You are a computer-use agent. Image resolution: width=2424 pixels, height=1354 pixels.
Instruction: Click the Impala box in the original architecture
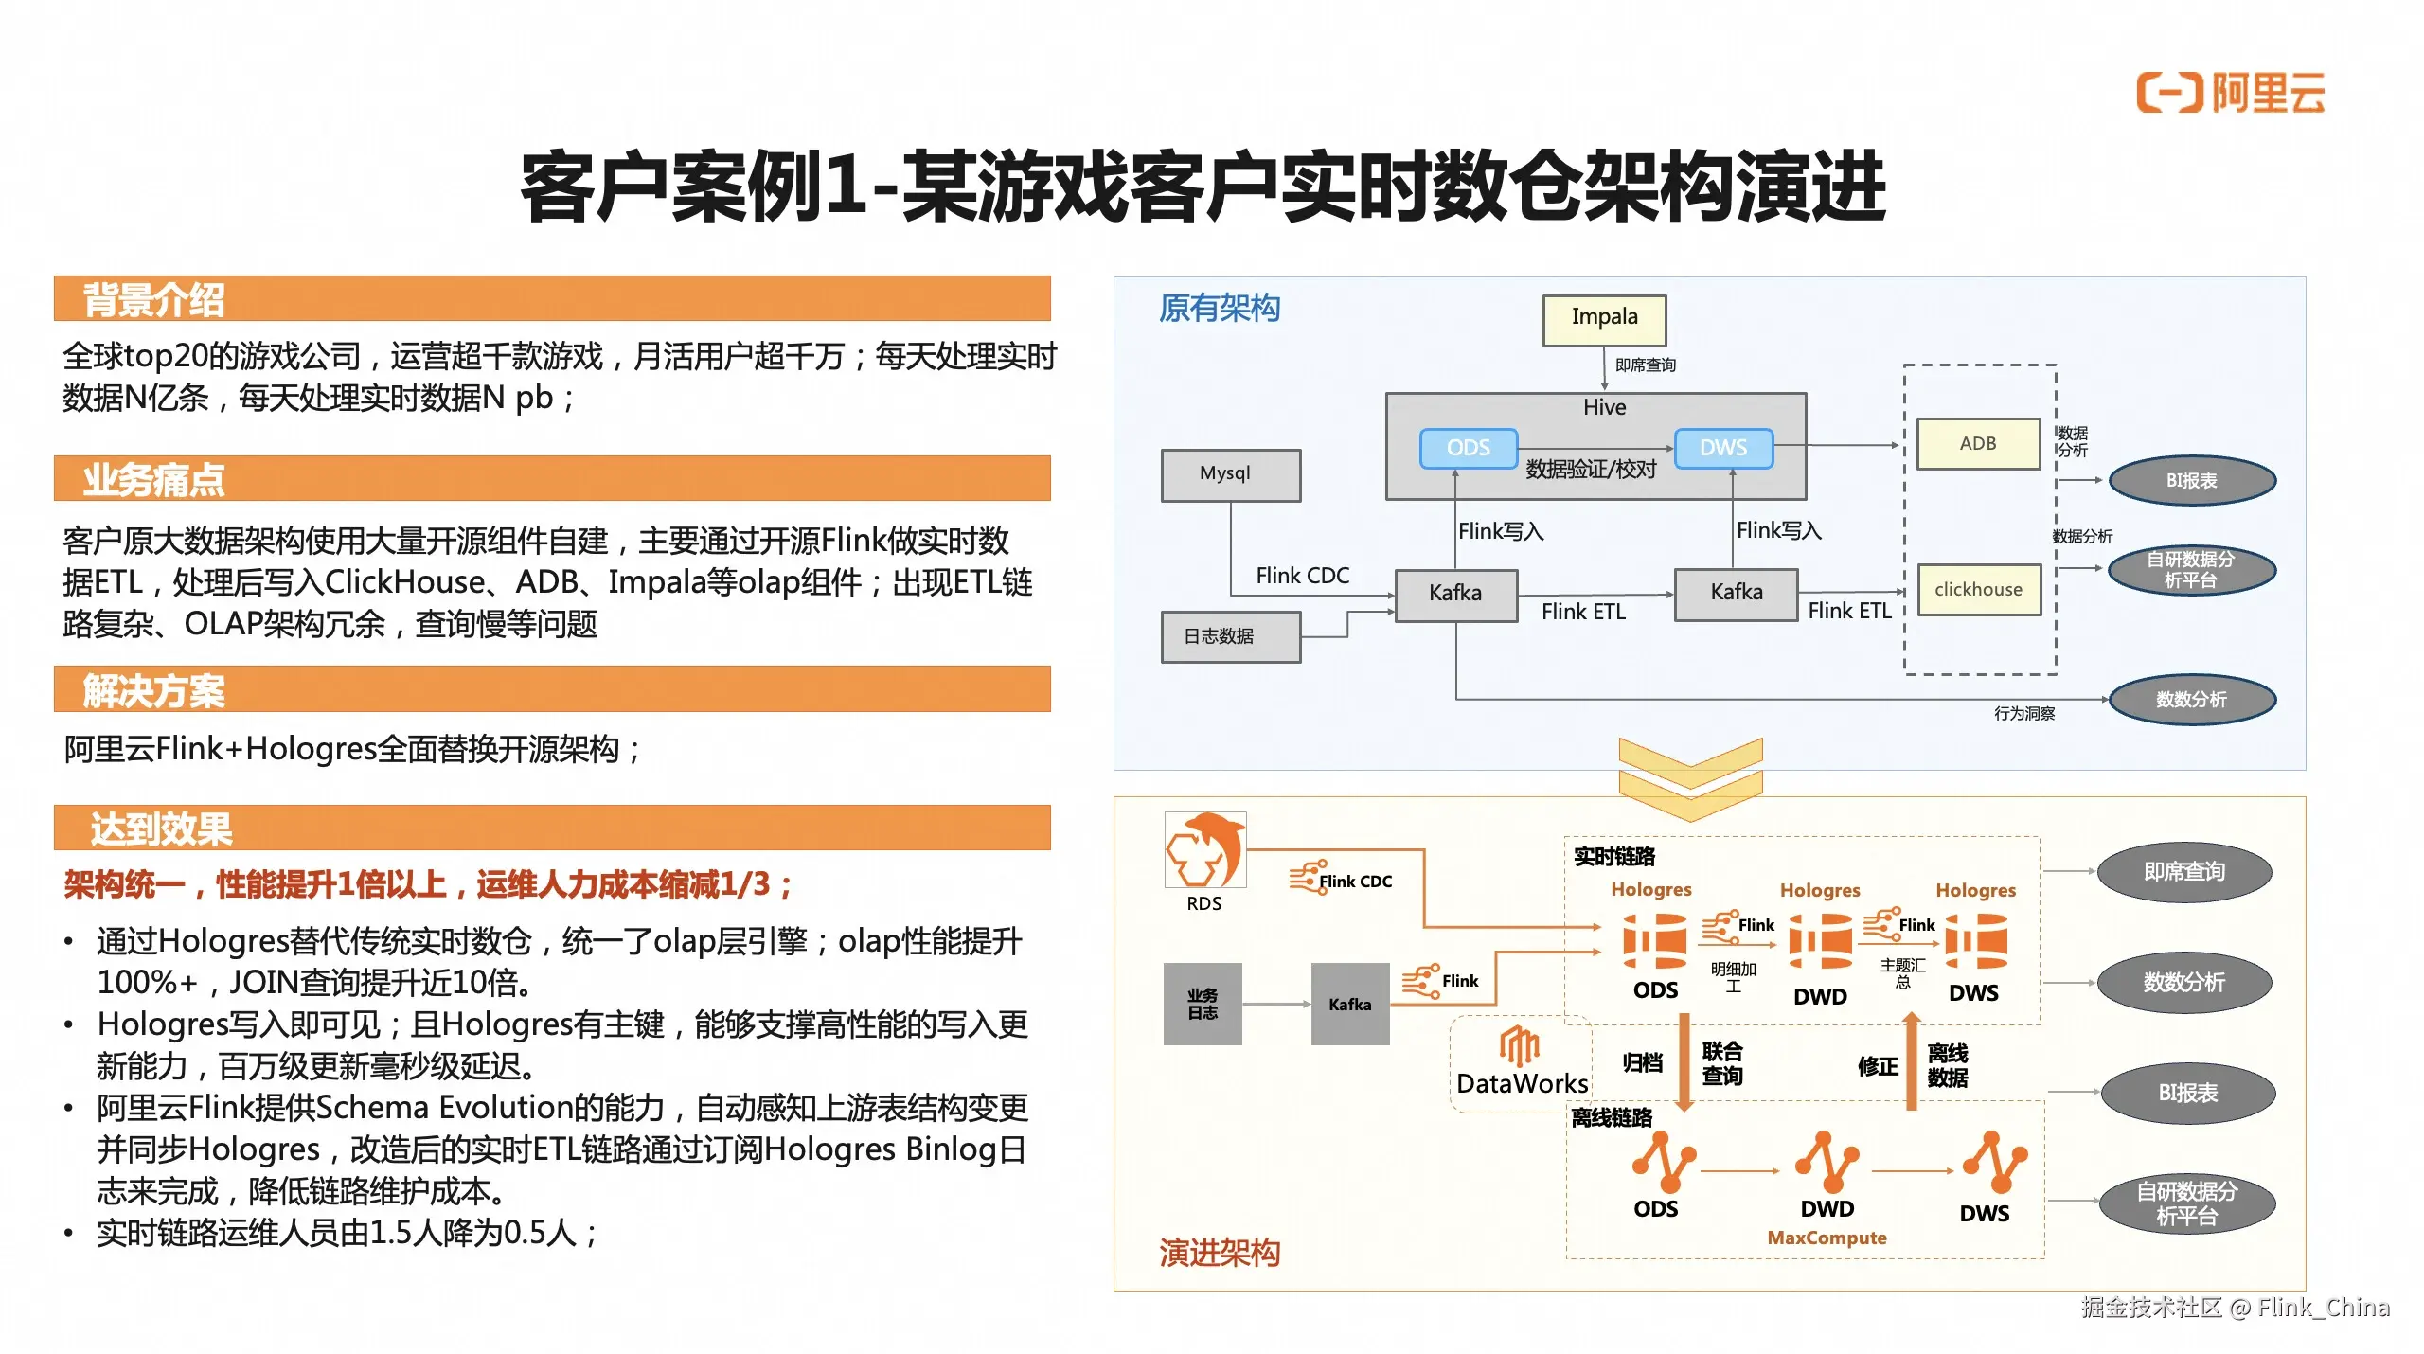(x=1604, y=319)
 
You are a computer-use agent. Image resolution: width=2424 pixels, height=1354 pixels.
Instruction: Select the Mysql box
(x=1230, y=474)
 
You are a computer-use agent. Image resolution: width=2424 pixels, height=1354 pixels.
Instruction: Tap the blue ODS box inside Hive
(x=1468, y=448)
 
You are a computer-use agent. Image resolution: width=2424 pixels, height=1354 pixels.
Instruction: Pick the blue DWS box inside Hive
(x=1722, y=448)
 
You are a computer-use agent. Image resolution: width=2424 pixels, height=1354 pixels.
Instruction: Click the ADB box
(x=1978, y=443)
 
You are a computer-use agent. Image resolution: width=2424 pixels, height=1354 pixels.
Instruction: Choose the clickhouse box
(x=1978, y=589)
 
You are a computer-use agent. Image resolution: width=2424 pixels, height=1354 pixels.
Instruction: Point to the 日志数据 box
(x=1230, y=636)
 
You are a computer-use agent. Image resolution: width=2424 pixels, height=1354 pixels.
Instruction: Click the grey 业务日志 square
(x=1203, y=1004)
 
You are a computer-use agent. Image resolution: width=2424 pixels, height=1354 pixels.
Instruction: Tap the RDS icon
(x=1204, y=850)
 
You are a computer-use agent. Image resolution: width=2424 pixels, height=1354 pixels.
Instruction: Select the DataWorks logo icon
(x=1520, y=1046)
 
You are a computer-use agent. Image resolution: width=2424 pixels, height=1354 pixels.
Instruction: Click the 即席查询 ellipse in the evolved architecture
(x=2183, y=871)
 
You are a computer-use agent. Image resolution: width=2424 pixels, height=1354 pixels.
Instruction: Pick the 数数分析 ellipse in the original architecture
(x=2191, y=700)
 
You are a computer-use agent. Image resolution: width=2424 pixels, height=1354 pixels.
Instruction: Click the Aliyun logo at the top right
(x=2230, y=93)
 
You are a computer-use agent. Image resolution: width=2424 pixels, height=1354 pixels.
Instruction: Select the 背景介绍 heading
(x=154, y=299)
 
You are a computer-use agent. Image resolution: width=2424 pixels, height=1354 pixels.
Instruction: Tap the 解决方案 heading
(x=154, y=690)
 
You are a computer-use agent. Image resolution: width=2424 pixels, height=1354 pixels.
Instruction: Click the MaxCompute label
(x=1827, y=1238)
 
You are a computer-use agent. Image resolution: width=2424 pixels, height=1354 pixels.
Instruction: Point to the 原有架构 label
(x=1219, y=308)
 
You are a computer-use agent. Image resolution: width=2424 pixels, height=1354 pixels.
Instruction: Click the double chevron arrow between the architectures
(x=1690, y=778)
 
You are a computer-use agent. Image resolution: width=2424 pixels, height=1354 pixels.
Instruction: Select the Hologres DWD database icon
(x=1820, y=941)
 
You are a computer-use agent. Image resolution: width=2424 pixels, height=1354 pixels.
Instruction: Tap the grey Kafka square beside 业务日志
(x=1349, y=1004)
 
